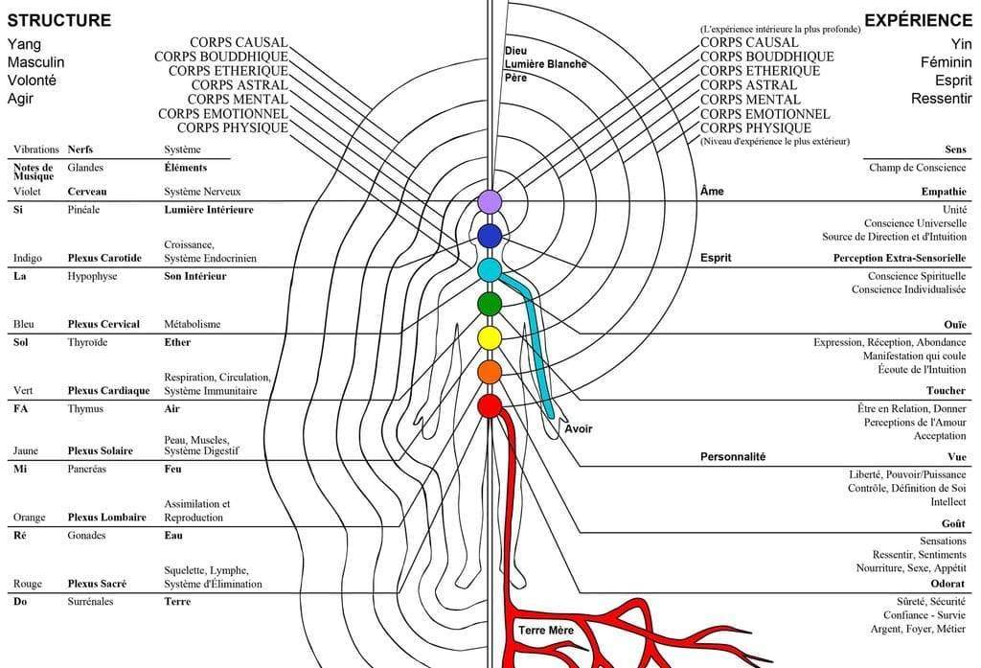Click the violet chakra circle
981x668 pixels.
tap(490, 201)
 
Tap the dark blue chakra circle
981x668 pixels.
tap(490, 236)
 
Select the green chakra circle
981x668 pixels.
tap(490, 304)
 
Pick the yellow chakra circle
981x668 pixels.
tap(490, 337)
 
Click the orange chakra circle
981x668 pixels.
tap(490, 371)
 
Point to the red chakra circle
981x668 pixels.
tap(490, 405)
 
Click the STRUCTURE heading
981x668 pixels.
tap(58, 20)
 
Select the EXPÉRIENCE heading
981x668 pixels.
tap(918, 20)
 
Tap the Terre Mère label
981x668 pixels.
tap(546, 631)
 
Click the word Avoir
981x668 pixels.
tap(578, 429)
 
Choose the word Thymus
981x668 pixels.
tap(86, 408)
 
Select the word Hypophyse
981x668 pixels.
tap(92, 276)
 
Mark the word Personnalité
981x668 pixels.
tap(733, 457)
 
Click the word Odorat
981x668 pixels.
tap(947, 584)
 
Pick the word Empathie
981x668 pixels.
tap(944, 192)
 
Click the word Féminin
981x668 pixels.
tap(945, 62)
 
